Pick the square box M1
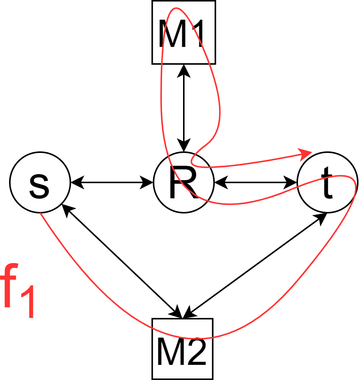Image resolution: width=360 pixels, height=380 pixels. coord(184,32)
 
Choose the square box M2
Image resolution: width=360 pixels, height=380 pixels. coord(183,349)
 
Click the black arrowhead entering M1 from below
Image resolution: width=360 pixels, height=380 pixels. coord(184,69)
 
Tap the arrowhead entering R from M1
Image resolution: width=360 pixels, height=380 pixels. coord(184,147)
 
